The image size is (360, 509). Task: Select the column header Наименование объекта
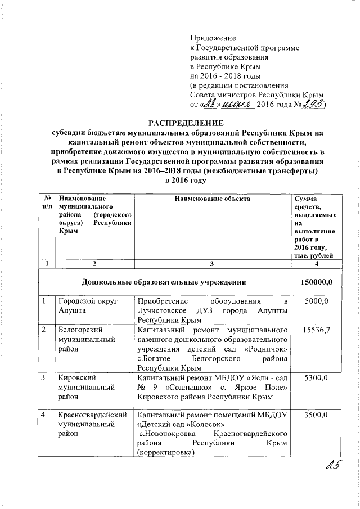(211, 199)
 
